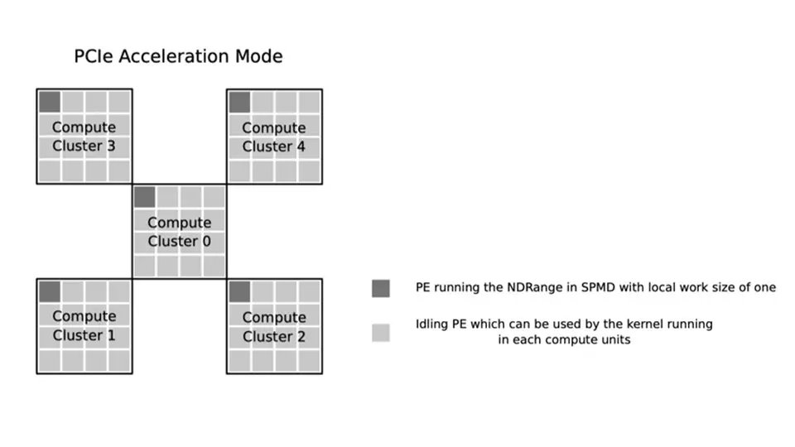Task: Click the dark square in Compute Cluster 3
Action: (x=50, y=102)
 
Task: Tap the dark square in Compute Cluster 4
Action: (x=240, y=102)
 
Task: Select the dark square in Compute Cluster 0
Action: (x=144, y=197)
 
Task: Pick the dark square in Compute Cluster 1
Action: (x=50, y=291)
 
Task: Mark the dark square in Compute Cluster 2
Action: (x=240, y=291)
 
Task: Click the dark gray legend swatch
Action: (x=381, y=288)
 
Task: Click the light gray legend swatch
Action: (x=381, y=333)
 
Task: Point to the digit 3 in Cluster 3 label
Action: (x=111, y=146)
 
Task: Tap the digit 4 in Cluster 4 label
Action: (x=301, y=147)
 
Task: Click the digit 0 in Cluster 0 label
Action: (x=206, y=241)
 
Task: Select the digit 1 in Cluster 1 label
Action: (x=112, y=335)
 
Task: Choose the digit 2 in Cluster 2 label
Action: (x=301, y=337)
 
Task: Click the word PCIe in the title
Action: (x=94, y=56)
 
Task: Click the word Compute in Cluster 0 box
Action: (x=180, y=223)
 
